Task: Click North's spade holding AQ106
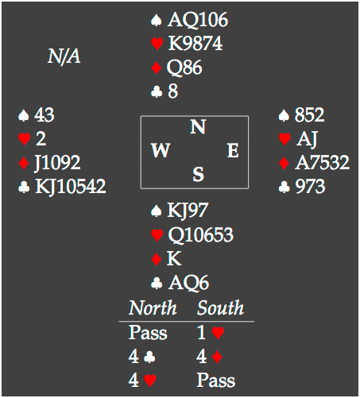pos(198,20)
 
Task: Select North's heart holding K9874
pos(195,44)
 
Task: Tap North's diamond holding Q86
pos(184,68)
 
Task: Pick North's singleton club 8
pos(172,91)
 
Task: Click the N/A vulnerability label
pos(64,56)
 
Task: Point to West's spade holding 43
pos(45,115)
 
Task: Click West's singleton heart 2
pos(41,139)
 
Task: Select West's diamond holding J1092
pos(57,163)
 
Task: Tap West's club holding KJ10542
pos(70,187)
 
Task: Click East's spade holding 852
pos(309,115)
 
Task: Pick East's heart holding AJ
pos(307,139)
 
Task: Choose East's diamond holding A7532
pos(322,163)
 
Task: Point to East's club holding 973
pos(310,187)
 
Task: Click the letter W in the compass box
pos(161,150)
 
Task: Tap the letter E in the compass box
pos(233,150)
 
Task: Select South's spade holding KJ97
pos(188,211)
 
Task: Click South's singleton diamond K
pos(174,258)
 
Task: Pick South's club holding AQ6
pos(188,283)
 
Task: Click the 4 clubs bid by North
pos(142,357)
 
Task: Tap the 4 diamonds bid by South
pos(209,357)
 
